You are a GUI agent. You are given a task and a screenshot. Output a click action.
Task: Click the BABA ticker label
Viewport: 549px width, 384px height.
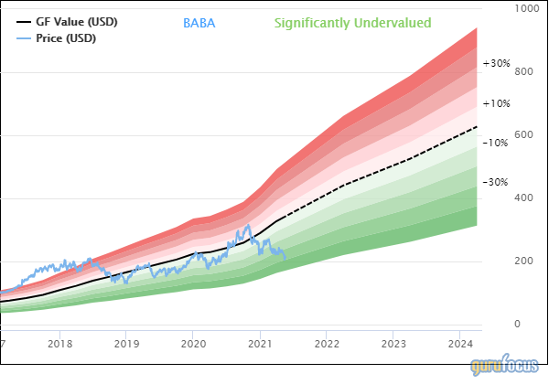199,22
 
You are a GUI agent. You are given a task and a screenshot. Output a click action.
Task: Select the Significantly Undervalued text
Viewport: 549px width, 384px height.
352,22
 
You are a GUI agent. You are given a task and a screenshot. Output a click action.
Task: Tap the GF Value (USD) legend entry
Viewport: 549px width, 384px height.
76,21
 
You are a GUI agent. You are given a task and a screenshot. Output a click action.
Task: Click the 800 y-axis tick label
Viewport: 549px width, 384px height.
523,71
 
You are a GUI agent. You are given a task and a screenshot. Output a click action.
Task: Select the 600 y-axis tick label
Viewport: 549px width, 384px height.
523,134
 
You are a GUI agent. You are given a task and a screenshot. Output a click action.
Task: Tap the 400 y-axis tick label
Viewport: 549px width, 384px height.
523,197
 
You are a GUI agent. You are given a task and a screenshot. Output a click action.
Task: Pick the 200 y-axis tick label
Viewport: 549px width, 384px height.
523,261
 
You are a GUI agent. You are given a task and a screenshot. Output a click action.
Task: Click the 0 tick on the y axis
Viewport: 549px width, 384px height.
517,324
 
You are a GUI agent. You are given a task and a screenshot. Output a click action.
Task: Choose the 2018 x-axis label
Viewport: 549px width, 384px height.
59,344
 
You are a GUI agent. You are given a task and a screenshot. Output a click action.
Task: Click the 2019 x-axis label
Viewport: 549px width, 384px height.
126,344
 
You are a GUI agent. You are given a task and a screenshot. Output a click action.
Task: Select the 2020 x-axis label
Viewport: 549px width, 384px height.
193,344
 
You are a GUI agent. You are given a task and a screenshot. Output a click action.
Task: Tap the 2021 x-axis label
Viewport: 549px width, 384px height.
260,344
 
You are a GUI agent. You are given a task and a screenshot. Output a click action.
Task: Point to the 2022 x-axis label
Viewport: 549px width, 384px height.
327,344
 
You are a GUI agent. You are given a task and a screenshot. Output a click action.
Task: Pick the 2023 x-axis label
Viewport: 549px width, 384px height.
393,344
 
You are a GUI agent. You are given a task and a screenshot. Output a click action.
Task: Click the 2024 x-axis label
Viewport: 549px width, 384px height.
460,344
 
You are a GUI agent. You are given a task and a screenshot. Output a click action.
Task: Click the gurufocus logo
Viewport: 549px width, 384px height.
506,367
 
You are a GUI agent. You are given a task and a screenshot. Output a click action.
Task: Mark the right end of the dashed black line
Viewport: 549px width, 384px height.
479,127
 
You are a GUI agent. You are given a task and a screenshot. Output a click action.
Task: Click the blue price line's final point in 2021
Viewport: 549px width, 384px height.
285,258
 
